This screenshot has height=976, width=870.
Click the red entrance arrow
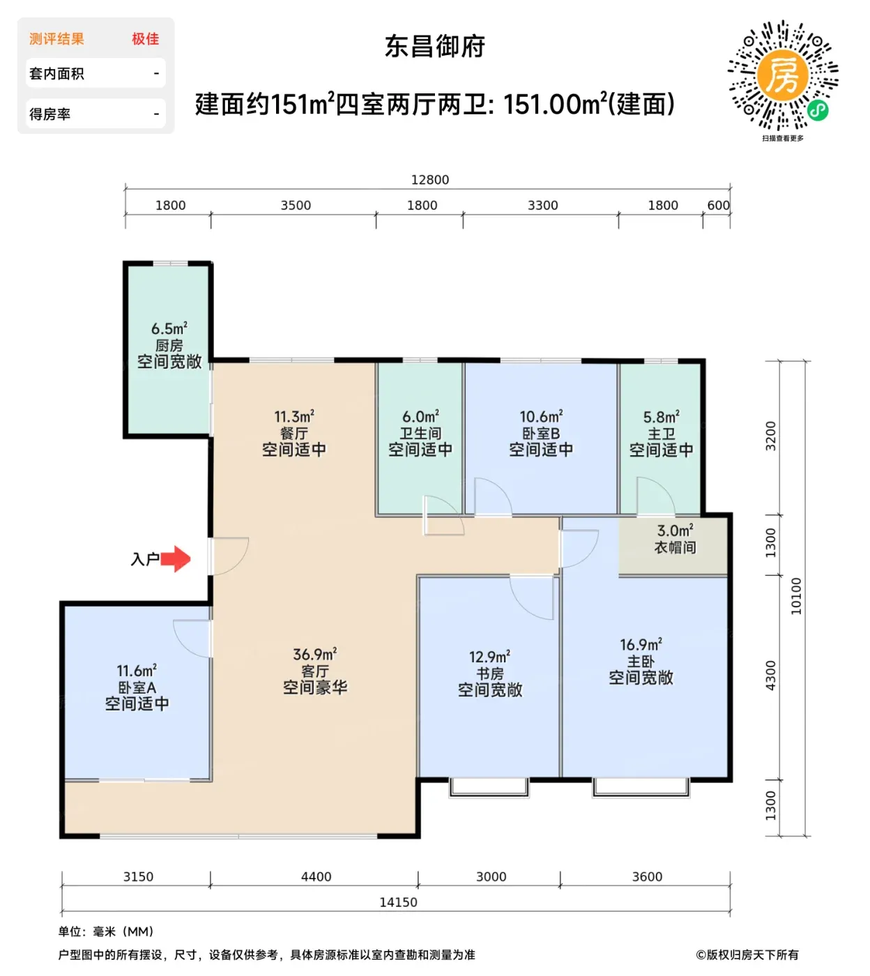pyautogui.click(x=176, y=559)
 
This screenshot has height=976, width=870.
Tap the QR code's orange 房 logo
pyautogui.click(x=782, y=75)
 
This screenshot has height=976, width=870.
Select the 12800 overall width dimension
pyautogui.click(x=429, y=180)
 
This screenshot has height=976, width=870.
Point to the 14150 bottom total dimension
pyautogui.click(x=398, y=902)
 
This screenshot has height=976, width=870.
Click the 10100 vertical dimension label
pyautogui.click(x=796, y=596)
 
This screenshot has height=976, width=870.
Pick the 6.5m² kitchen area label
pyautogui.click(x=169, y=328)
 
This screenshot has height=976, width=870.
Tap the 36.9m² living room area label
pyautogui.click(x=315, y=654)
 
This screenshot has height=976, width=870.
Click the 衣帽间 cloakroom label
pyautogui.click(x=675, y=547)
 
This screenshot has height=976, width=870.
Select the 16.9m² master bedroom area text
pyautogui.click(x=641, y=645)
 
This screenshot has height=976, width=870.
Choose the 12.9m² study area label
pyautogui.click(x=489, y=657)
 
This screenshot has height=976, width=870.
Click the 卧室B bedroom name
pyautogui.click(x=541, y=433)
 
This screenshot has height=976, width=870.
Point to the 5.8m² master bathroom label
pyautogui.click(x=661, y=417)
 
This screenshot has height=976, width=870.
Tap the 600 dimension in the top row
pyautogui.click(x=718, y=205)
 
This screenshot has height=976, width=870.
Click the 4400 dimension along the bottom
pyautogui.click(x=316, y=876)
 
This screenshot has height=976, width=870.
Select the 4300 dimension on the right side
pyautogui.click(x=771, y=676)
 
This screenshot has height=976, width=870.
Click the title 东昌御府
pyautogui.click(x=434, y=47)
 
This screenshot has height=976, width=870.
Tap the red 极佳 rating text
pyautogui.click(x=145, y=39)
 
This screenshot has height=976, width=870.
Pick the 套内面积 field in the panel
pyautogui.click(x=56, y=74)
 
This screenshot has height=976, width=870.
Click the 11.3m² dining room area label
pyautogui.click(x=294, y=416)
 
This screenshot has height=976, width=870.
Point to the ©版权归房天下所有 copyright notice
pyautogui.click(x=747, y=954)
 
